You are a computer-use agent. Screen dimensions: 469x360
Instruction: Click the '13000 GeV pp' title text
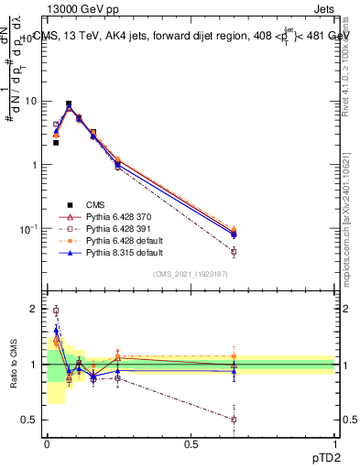click(86, 9)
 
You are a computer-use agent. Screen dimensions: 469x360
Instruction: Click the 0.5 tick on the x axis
click(191, 443)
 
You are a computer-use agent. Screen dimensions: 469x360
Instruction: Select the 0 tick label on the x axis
click(47, 443)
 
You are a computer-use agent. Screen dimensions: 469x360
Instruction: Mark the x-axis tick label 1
click(335, 443)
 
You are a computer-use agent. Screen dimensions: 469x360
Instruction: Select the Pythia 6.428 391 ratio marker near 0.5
click(234, 420)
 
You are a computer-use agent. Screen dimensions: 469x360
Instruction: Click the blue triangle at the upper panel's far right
click(234, 234)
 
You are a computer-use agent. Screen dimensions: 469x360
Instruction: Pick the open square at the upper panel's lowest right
click(234, 252)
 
